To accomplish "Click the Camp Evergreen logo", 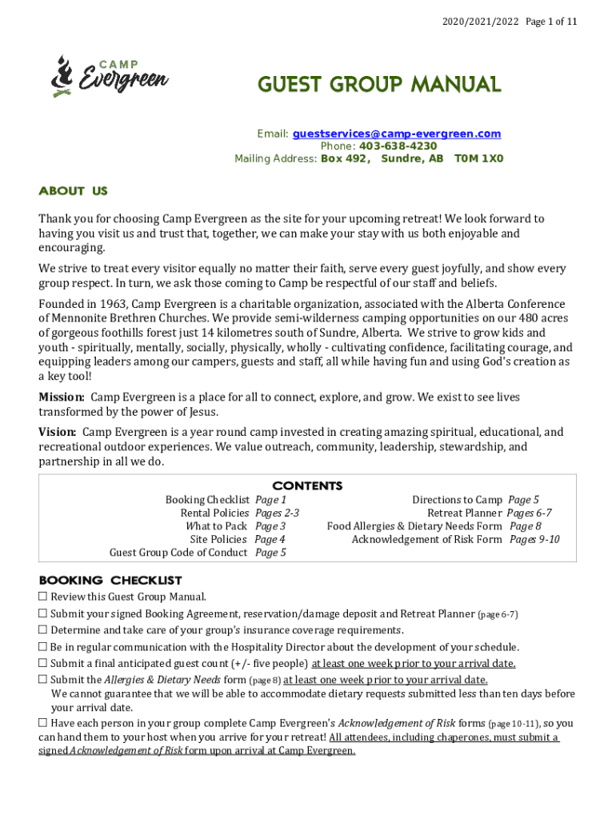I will tap(109, 75).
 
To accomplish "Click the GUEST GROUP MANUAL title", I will tap(378, 84).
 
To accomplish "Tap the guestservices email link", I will tap(396, 134).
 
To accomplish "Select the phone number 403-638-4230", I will tap(398, 146).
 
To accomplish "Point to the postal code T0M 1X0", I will tap(478, 158).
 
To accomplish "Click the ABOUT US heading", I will tap(73, 191).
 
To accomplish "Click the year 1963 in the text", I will tap(111, 304).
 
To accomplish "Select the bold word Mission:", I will tap(62, 397).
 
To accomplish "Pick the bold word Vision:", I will tap(58, 432).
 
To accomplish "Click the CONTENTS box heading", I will tap(307, 485).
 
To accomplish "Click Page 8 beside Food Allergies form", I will tap(525, 525).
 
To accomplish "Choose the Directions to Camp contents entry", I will tap(457, 500).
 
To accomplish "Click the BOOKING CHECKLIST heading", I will tap(110, 580).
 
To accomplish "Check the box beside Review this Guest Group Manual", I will tap(43, 597).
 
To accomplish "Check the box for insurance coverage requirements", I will tap(43, 629).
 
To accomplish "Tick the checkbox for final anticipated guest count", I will tap(43, 663).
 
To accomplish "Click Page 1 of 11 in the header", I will tap(551, 22).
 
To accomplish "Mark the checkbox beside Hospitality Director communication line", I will tap(43, 646).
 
